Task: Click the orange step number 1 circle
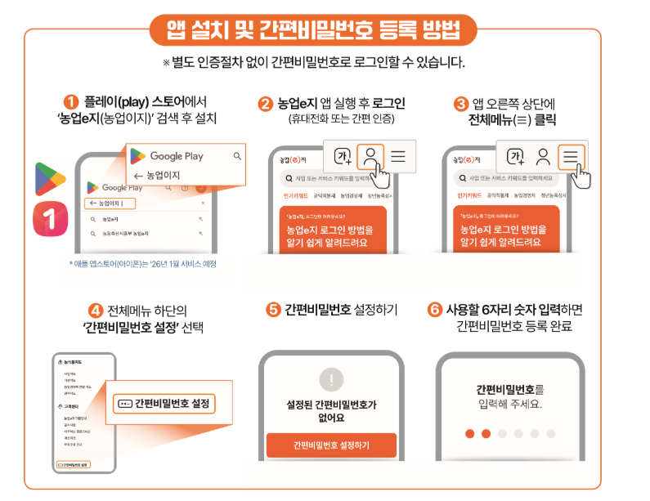pos(71,102)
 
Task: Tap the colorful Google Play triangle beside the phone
pos(50,179)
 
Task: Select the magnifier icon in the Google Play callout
pos(237,156)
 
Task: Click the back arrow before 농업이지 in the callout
pos(138,176)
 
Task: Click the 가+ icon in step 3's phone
pos(515,157)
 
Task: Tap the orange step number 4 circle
pos(96,310)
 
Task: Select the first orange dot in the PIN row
pos(469,433)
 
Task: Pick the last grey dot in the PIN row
pos(552,433)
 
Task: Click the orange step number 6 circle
pos(435,310)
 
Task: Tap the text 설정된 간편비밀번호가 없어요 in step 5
pos(331,411)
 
